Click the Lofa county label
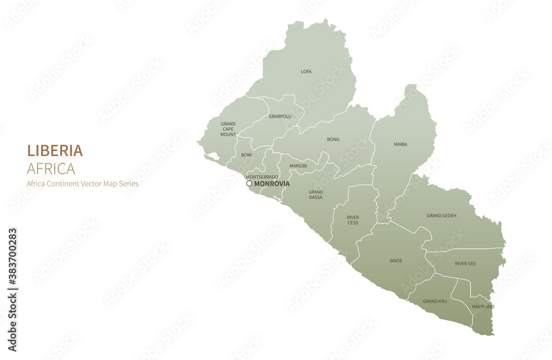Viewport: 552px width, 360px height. click(x=306, y=71)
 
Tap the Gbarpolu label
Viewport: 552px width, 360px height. click(x=280, y=117)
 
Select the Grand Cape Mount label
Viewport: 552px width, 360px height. click(x=228, y=129)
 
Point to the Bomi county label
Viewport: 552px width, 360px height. click(x=246, y=155)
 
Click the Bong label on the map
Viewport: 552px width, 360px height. click(x=333, y=140)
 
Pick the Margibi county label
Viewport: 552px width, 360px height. click(x=298, y=166)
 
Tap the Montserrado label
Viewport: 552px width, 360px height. click(x=262, y=177)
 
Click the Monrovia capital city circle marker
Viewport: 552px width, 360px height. click(x=249, y=183)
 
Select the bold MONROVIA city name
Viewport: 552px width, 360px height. click(x=272, y=183)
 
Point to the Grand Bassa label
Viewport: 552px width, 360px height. click(x=316, y=194)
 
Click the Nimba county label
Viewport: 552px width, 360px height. click(x=400, y=145)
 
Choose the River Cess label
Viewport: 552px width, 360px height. click(x=353, y=220)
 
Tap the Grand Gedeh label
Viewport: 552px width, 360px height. click(x=441, y=215)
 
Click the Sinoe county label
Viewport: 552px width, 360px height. click(x=396, y=261)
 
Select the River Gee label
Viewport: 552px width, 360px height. click(x=465, y=263)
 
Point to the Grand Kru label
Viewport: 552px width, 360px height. click(x=435, y=301)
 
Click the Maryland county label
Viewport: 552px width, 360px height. click(x=482, y=306)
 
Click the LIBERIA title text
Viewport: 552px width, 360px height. click(x=55, y=150)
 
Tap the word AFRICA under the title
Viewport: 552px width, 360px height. click(x=51, y=168)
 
